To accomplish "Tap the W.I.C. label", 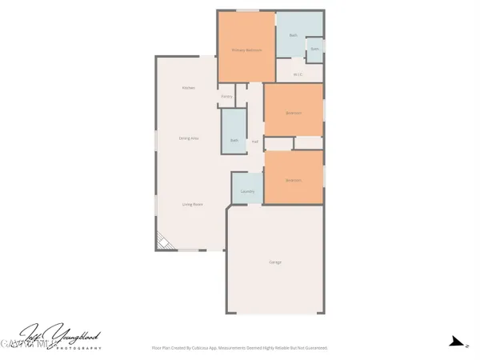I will click(x=298, y=74).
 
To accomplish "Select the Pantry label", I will click(x=226, y=98).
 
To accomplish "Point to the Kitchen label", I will click(x=188, y=87).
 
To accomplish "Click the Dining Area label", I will click(x=189, y=138).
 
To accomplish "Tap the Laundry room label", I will click(x=247, y=191).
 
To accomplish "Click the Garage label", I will click(x=274, y=262).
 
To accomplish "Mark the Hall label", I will click(x=255, y=142).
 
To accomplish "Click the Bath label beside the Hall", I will click(x=234, y=141).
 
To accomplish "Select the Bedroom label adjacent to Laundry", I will click(x=294, y=180).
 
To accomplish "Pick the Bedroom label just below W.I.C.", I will click(x=294, y=113).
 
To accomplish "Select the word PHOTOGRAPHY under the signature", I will click(x=76, y=349).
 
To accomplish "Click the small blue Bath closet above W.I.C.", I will click(x=315, y=49).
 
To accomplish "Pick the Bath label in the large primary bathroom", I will click(x=293, y=35).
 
